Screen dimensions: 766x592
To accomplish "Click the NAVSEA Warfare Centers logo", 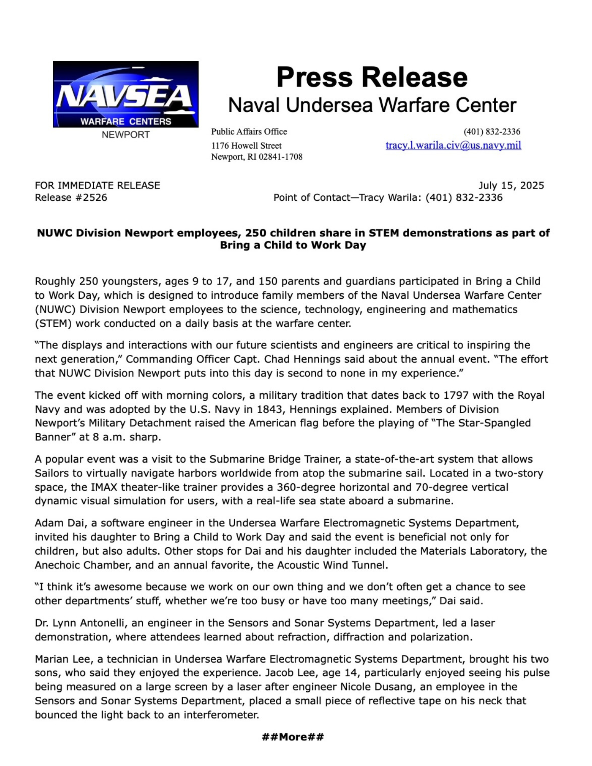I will pos(126,94).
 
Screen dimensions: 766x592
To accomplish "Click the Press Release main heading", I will pos(372,77).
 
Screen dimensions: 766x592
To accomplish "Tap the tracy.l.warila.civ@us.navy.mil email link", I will pos(453,146).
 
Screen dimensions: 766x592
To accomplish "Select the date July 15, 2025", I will pos(511,185).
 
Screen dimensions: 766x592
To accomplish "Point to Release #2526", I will pos(71,198).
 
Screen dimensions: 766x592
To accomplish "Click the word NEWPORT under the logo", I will pos(126,135).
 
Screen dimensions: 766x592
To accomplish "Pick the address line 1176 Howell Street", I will pos(246,146).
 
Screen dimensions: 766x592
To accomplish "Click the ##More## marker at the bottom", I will pos(293,737).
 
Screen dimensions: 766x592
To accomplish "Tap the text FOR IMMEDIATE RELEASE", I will pos(97,185).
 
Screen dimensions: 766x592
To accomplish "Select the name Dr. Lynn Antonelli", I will pos(80,623).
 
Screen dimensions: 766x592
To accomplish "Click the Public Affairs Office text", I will pos(249,132).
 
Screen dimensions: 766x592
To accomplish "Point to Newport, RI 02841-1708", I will pos(257,157).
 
